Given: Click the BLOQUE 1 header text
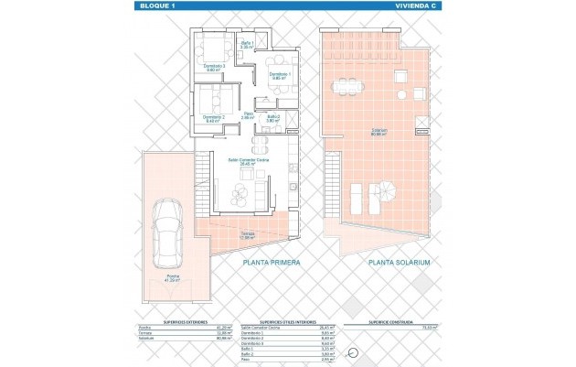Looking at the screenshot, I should (150, 6).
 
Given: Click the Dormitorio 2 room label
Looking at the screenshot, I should (212, 118).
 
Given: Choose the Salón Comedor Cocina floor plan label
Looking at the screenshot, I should (248, 162).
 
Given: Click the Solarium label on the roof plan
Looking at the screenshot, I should (379, 130).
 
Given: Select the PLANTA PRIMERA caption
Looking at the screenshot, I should (272, 262).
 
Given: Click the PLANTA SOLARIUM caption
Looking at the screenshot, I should (400, 262).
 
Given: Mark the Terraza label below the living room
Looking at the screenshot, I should (248, 235).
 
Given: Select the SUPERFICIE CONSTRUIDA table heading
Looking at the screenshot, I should (394, 321).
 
